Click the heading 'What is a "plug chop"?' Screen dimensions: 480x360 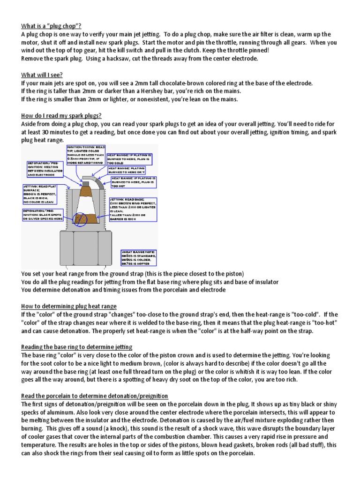54,25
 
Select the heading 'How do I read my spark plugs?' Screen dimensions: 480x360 61,115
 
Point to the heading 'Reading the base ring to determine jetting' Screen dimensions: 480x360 77,346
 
